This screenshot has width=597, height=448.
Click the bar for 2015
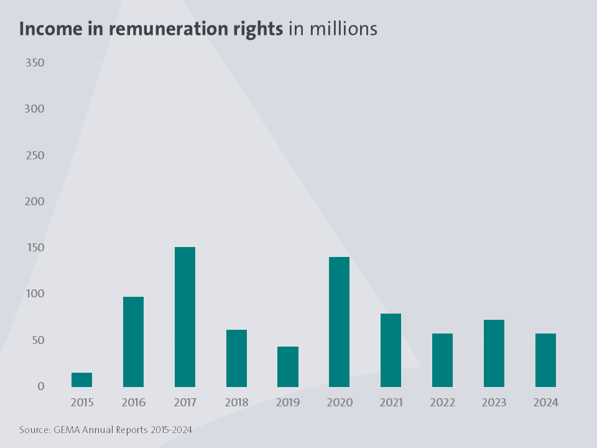pyautogui.click(x=81, y=380)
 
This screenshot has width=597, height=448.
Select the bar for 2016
pyautogui.click(x=133, y=342)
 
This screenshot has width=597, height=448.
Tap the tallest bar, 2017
pyautogui.click(x=185, y=317)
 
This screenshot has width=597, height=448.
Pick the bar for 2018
pyautogui.click(x=236, y=358)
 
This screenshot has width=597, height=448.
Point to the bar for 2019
pyautogui.click(x=288, y=366)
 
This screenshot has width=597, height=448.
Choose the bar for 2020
pyautogui.click(x=340, y=322)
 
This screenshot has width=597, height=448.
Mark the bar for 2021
pyautogui.click(x=391, y=350)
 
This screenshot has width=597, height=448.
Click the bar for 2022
pyautogui.click(x=442, y=360)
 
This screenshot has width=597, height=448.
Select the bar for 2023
pyautogui.click(x=494, y=353)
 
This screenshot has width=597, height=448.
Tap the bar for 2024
pyautogui.click(x=545, y=360)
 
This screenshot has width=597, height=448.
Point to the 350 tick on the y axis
pyautogui.click(x=34, y=63)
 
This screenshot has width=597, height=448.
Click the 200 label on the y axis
pyautogui.click(x=34, y=202)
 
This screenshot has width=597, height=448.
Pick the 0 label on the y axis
pyautogui.click(x=41, y=386)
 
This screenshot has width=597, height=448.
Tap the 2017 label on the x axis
pyautogui.click(x=185, y=403)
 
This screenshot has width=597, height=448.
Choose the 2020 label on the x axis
pyautogui.click(x=340, y=403)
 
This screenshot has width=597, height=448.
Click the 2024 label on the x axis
pyautogui.click(x=545, y=403)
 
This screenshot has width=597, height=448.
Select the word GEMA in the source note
pyautogui.click(x=66, y=430)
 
